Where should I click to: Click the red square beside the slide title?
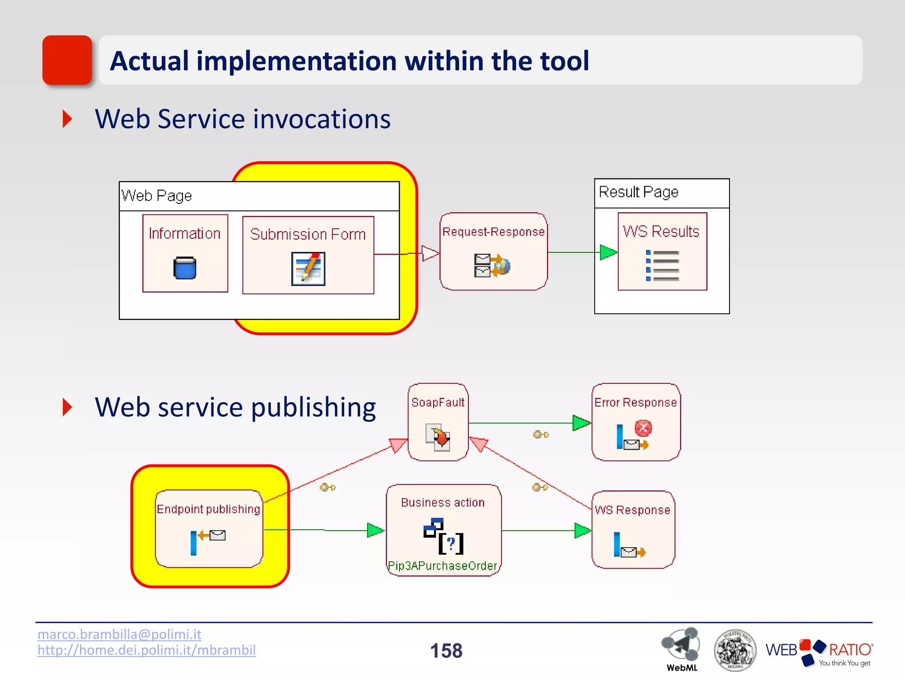[x=67, y=60]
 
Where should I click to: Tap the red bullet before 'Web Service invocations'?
[x=67, y=119]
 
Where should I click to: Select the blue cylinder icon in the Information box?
[x=185, y=268]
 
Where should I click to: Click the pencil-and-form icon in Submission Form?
[x=308, y=268]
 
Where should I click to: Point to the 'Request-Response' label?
[x=493, y=232]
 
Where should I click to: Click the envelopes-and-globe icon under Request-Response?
[x=491, y=265]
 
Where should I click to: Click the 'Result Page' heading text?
[x=638, y=192]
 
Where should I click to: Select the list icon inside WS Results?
[x=662, y=265]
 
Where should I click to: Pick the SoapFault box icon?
[x=438, y=437]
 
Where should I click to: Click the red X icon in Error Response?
[x=643, y=428]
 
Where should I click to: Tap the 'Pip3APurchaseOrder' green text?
[x=442, y=566]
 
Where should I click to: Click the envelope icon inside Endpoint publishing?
[x=217, y=535]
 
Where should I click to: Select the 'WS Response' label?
[x=632, y=510]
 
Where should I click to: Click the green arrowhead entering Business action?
[x=375, y=530]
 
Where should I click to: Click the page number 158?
[x=446, y=651]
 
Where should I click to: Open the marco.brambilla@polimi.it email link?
[x=119, y=634]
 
